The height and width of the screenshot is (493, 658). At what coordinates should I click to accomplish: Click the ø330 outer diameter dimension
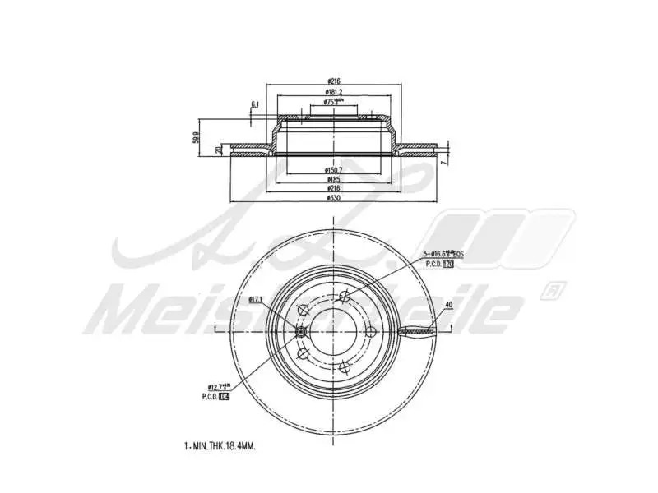pos(333,199)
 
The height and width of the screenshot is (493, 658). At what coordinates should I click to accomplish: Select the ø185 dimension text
pos(333,179)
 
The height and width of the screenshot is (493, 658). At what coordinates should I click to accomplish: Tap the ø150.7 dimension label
pos(333,170)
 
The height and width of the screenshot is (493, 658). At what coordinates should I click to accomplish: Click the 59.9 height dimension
pos(196,136)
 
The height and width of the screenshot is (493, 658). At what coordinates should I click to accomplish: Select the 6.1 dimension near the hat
pos(255,104)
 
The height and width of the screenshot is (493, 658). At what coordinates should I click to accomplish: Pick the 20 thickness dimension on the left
pos(218,150)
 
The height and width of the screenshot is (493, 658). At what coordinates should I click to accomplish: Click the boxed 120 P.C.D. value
pos(448,265)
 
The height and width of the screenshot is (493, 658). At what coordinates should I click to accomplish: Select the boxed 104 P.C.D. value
pos(225,396)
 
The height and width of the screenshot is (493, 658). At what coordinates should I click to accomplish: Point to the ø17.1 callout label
pos(255,301)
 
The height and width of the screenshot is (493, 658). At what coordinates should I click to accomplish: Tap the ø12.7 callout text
pos(218,386)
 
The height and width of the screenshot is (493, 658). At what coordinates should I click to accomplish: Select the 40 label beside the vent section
pos(447,306)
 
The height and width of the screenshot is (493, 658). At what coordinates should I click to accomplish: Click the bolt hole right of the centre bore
pos(370,331)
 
